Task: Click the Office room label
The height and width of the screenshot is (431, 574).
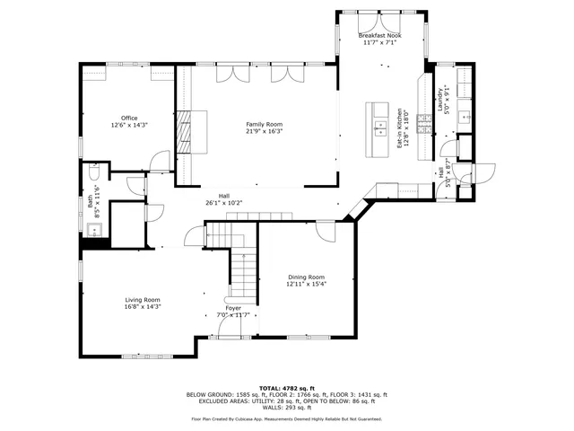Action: (129, 118)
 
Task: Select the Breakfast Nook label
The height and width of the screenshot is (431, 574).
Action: (382, 36)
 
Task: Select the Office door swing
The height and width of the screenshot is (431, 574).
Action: (159, 162)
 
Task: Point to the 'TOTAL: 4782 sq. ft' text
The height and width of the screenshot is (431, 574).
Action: (286, 387)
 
